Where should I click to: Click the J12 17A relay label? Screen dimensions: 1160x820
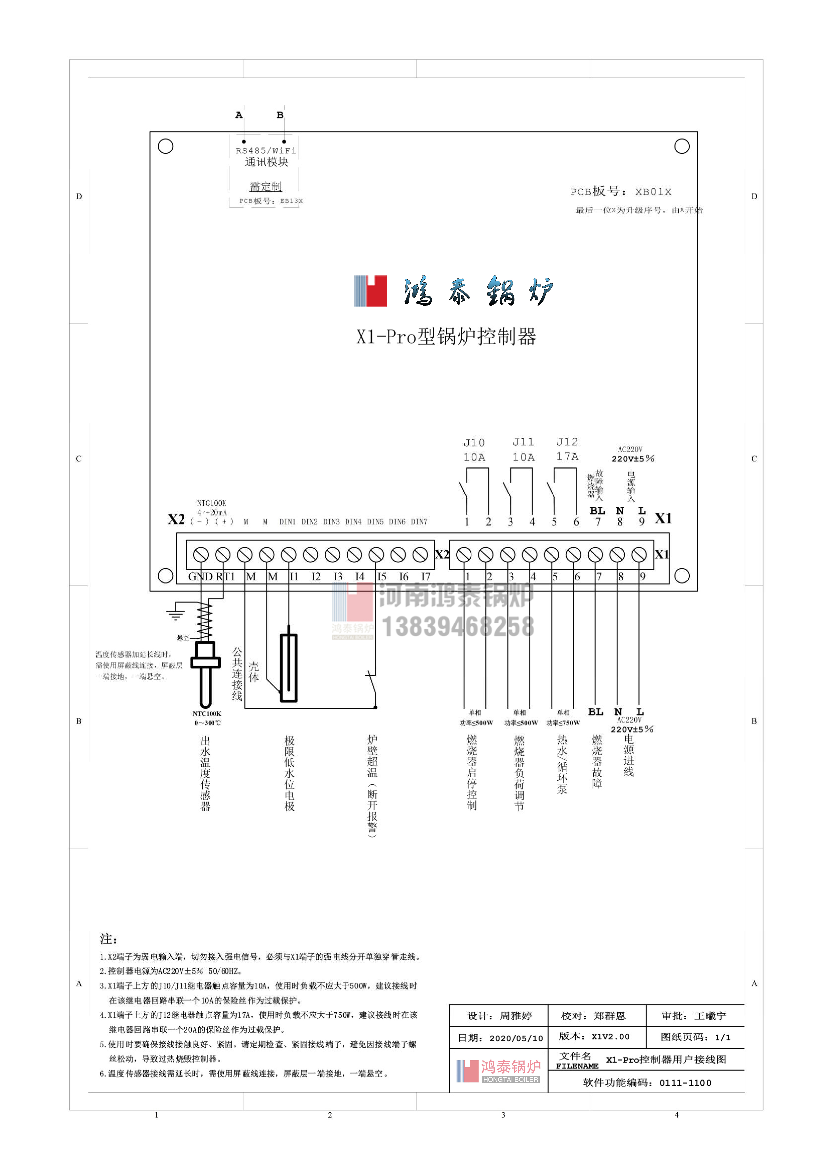pos(567,449)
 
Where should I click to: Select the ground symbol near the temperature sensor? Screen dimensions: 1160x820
pos(175,613)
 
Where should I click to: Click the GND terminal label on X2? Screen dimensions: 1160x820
pos(200,577)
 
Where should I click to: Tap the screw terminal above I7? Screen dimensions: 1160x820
pos(420,555)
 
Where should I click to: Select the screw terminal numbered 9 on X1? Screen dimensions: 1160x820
pos(639,555)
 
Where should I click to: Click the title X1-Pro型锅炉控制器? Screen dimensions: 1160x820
pos(446,336)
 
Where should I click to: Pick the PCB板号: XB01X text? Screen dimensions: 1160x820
pos(621,192)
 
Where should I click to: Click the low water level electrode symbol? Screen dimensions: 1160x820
pos(289,667)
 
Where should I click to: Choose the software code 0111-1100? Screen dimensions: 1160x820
pos(685,1083)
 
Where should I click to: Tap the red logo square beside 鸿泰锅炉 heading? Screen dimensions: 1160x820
pos(376,291)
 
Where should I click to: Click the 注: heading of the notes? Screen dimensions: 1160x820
pos(108,939)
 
